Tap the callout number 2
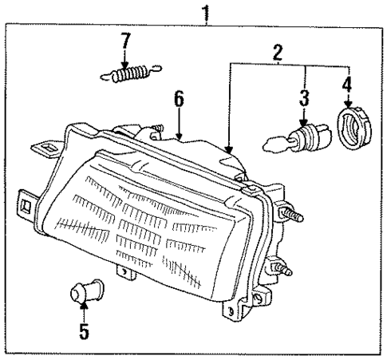[278, 54]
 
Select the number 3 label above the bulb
[303, 98]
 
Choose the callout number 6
[180, 99]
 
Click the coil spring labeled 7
[129, 75]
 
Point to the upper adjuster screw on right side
[293, 215]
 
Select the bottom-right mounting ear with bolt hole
[235, 307]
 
